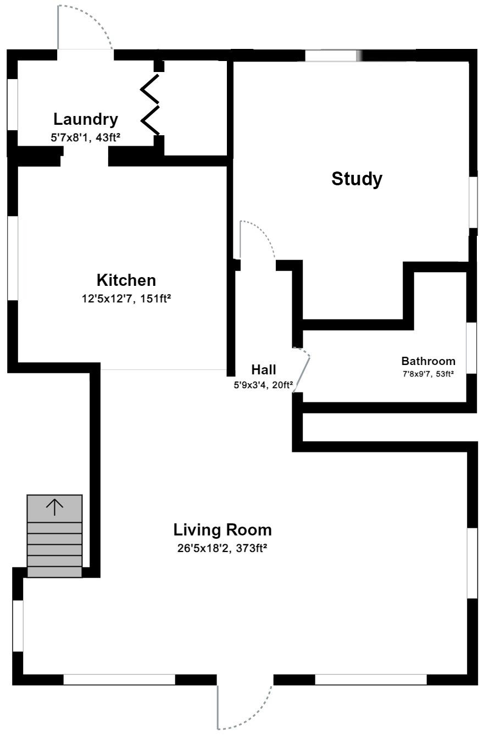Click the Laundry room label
85,119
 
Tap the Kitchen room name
126,280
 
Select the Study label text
357,179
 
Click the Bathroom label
428,361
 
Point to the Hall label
264,369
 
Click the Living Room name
222,530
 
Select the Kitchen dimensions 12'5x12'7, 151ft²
126,299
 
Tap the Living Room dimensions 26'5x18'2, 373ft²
222,548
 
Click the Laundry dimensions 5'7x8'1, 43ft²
85,137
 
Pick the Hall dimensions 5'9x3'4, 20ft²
263,385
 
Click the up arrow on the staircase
54,507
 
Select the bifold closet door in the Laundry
150,104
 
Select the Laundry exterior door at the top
85,27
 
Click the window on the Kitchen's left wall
12,258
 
